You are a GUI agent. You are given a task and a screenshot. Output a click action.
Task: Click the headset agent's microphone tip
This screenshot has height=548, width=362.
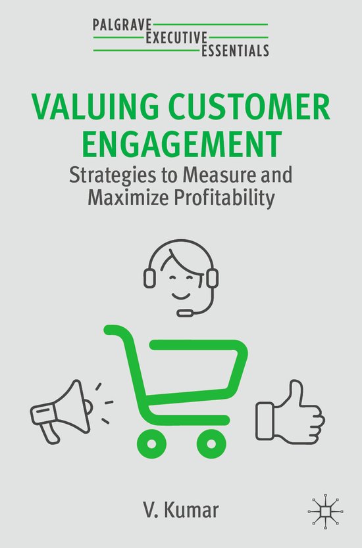[x=186, y=313]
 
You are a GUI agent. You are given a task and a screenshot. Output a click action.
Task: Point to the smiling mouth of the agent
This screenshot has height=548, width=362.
[x=180, y=289]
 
